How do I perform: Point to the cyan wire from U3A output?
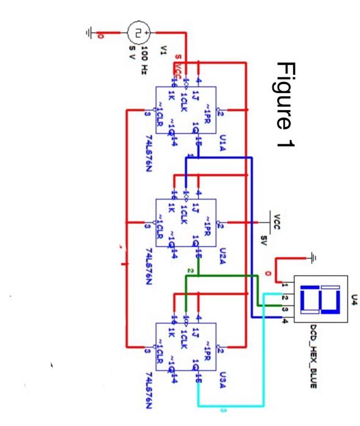263,365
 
